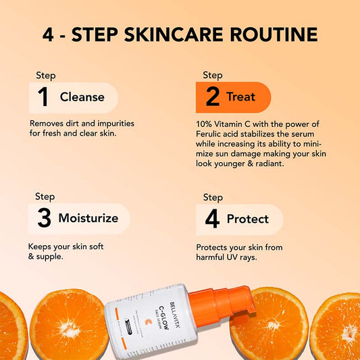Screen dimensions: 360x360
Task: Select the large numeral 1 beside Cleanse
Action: pos(43,97)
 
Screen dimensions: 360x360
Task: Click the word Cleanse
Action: pos(82,97)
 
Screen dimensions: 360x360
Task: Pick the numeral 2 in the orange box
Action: pos(212,97)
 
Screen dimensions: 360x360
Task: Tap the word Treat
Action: pos(241,97)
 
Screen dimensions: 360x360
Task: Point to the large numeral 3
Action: pos(43,218)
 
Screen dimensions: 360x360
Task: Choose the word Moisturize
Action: pos(88,218)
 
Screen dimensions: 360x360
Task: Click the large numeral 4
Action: pos(212,219)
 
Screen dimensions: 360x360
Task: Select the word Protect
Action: pos(247,219)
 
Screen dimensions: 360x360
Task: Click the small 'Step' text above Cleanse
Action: pos(45,76)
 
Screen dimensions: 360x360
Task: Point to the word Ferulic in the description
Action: pos(211,133)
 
